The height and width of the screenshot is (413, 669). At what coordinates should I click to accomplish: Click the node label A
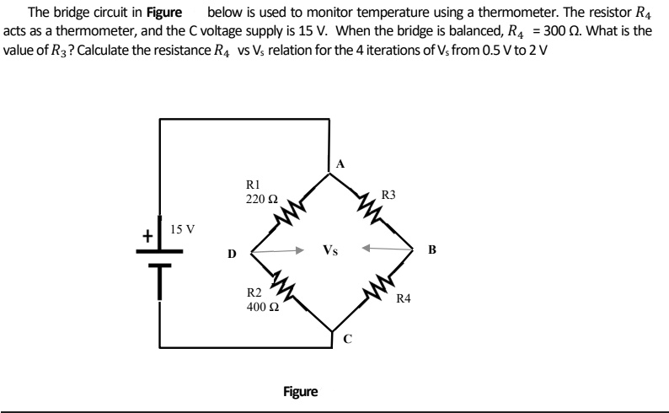pos(340,163)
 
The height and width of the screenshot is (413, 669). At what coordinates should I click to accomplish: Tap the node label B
pos(431,250)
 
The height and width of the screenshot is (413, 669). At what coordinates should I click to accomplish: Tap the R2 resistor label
pos(254,293)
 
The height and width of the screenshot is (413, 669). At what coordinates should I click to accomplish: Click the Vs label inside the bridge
pos(330,250)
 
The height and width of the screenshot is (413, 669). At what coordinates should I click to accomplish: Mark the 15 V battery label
pos(183,229)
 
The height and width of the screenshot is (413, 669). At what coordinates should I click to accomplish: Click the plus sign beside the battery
pos(147,237)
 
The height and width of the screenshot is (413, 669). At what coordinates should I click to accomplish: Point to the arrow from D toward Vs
pos(279,250)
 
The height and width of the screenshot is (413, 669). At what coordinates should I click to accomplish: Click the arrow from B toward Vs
pos(386,249)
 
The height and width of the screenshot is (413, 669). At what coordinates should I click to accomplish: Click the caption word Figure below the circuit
pos(301,392)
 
